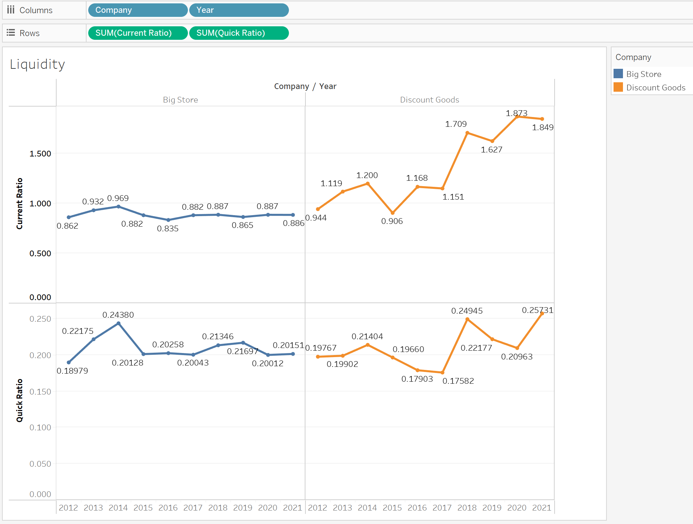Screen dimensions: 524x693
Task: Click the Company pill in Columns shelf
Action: tap(137, 10)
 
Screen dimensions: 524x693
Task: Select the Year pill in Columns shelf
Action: tap(238, 10)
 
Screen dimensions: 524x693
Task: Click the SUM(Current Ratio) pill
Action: tap(137, 33)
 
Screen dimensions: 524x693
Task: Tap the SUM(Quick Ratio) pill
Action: tap(238, 33)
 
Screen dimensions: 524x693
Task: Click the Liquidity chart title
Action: tap(37, 64)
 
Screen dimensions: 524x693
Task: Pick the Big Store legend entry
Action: tap(643, 74)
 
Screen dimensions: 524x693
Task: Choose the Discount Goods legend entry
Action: tap(655, 88)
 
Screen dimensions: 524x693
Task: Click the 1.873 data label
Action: tap(516, 113)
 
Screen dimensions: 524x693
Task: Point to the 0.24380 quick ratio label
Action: tap(118, 315)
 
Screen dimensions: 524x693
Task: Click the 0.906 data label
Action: tap(392, 221)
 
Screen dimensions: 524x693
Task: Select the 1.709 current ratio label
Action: tap(456, 124)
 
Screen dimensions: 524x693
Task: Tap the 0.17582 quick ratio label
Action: tap(458, 381)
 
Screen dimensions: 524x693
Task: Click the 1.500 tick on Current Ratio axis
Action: tap(40, 154)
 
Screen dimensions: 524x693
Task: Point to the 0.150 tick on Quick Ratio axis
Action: tap(40, 392)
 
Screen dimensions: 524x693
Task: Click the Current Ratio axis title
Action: tap(20, 204)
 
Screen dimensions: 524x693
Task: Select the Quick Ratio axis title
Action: tap(20, 400)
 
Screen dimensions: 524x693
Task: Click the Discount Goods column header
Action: tap(429, 100)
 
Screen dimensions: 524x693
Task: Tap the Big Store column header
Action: tap(180, 100)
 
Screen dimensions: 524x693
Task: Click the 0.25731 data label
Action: tap(537, 310)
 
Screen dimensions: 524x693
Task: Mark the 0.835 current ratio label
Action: tap(167, 229)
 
